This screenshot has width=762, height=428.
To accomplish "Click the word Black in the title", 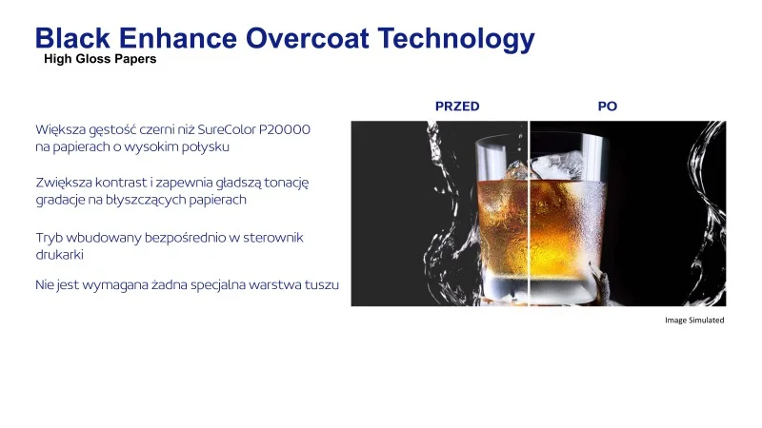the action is [x=72, y=38].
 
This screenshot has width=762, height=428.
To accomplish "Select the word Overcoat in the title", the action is [x=307, y=38].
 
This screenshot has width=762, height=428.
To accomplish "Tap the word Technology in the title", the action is [x=456, y=40].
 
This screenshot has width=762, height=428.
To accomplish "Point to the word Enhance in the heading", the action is [x=178, y=38].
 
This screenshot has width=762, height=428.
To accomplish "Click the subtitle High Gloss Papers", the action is [x=100, y=59].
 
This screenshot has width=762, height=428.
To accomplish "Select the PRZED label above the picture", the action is [x=457, y=107].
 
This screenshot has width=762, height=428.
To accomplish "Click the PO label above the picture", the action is [x=608, y=107].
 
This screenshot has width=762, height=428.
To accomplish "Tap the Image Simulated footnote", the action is [x=694, y=320].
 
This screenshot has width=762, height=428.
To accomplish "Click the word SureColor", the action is [x=227, y=129].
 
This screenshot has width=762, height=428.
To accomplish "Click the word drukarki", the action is [x=59, y=254].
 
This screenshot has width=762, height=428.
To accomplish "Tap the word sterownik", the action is [x=273, y=237].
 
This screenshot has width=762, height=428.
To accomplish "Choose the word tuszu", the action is [x=322, y=284].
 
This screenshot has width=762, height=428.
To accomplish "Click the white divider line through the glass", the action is [x=529, y=213].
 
